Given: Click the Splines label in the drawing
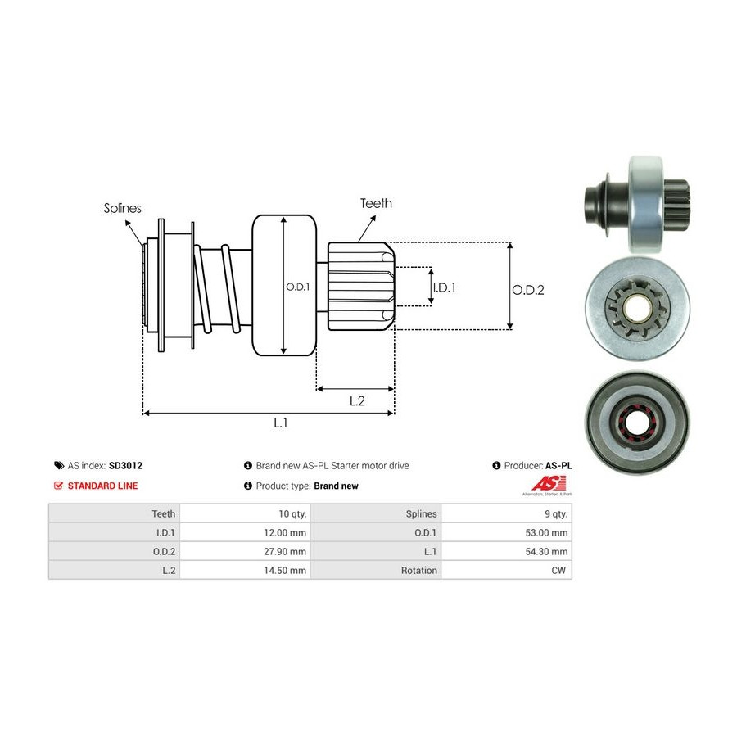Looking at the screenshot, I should pos(122,208).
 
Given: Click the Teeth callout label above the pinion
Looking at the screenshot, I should pos(376,203).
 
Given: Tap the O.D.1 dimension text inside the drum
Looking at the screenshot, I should pos(297,287).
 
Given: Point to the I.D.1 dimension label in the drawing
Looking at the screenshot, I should pos(444,287).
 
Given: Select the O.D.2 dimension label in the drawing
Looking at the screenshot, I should pos(528,289).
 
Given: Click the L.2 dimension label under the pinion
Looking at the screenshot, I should pos(356,400).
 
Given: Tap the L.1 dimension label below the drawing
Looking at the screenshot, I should pos(280,423).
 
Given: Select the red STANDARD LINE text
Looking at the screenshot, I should pos(102,486).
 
